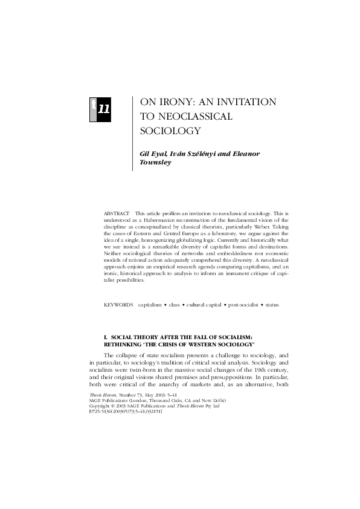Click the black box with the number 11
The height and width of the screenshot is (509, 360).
(x=103, y=109)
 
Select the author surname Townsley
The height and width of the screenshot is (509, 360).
(x=156, y=162)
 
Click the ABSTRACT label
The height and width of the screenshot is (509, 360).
(x=117, y=214)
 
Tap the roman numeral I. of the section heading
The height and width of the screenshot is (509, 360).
(x=106, y=336)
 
